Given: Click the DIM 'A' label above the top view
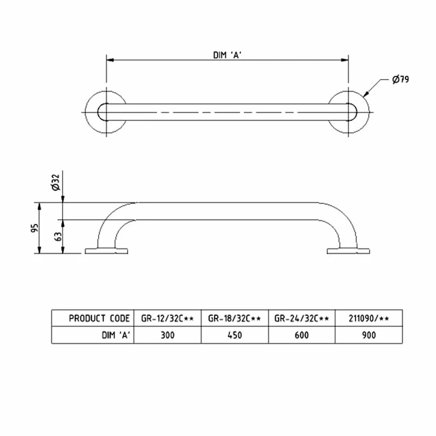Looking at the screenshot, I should point(227,55).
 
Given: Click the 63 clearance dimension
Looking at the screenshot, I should point(57,237).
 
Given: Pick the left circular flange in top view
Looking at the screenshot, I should point(106,112).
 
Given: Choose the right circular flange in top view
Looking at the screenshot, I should point(349,112).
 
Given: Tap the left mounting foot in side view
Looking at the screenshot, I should point(106,251).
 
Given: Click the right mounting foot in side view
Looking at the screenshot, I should point(349,251).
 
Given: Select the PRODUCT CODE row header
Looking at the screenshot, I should point(99,318).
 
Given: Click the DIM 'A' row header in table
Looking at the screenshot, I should point(114,335).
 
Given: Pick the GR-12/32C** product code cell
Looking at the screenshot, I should point(167,318).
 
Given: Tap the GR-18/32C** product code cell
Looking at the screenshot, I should point(235,318).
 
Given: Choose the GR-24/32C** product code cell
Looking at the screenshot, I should point(302,318).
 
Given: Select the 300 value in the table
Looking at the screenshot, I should point(167,335).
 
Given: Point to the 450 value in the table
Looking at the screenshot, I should point(235,335).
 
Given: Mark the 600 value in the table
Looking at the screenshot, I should point(302,335).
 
